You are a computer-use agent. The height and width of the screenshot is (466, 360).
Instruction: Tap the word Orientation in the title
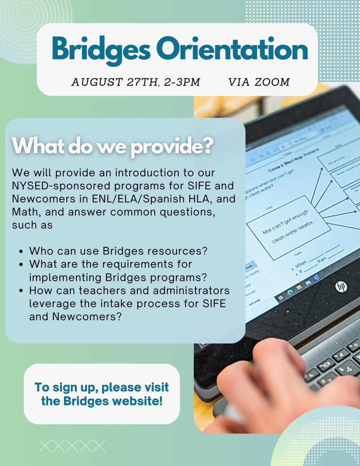coord(232,50)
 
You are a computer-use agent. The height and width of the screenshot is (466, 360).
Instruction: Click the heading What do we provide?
coord(113,146)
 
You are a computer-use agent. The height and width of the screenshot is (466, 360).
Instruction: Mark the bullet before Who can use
coord(21,252)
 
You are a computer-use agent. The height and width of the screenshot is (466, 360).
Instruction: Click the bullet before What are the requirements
coord(21,265)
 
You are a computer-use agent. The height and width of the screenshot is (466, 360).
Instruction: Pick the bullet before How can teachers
coord(21,291)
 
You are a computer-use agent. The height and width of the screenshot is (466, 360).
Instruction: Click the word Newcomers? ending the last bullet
coord(87,317)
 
